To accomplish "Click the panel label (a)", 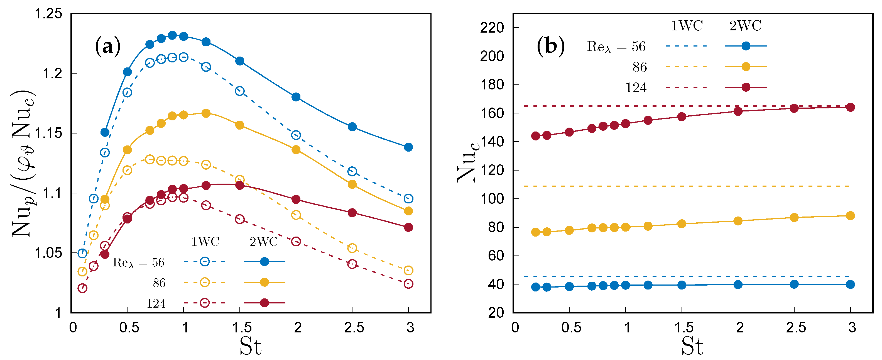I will pos(107,47).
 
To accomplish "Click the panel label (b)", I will pos(551,45).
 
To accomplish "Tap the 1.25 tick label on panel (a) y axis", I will pos(49,14).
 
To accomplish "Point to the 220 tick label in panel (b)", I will pos(492,28).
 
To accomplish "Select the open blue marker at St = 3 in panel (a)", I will pos(408,198).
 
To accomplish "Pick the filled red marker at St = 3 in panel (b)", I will pos(851,107).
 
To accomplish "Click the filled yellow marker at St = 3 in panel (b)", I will pos(851,215).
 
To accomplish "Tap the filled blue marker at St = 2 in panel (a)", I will pos(296,97).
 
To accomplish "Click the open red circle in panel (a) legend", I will pos(204,303).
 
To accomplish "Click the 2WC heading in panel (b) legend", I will pos(745,26).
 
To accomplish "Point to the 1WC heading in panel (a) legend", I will pos(205,242).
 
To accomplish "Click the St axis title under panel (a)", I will pos(250,346).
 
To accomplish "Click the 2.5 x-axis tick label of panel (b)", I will pos(796,327).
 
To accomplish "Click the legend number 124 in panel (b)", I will pos(636,88).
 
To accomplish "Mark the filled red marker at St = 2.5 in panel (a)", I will pos(352,213).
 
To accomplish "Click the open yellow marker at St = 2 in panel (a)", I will pos(296,215).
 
